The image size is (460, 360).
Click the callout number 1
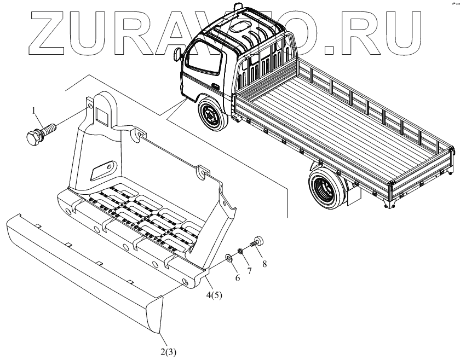[x=36, y=113]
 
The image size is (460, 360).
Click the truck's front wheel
[x=211, y=115]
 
